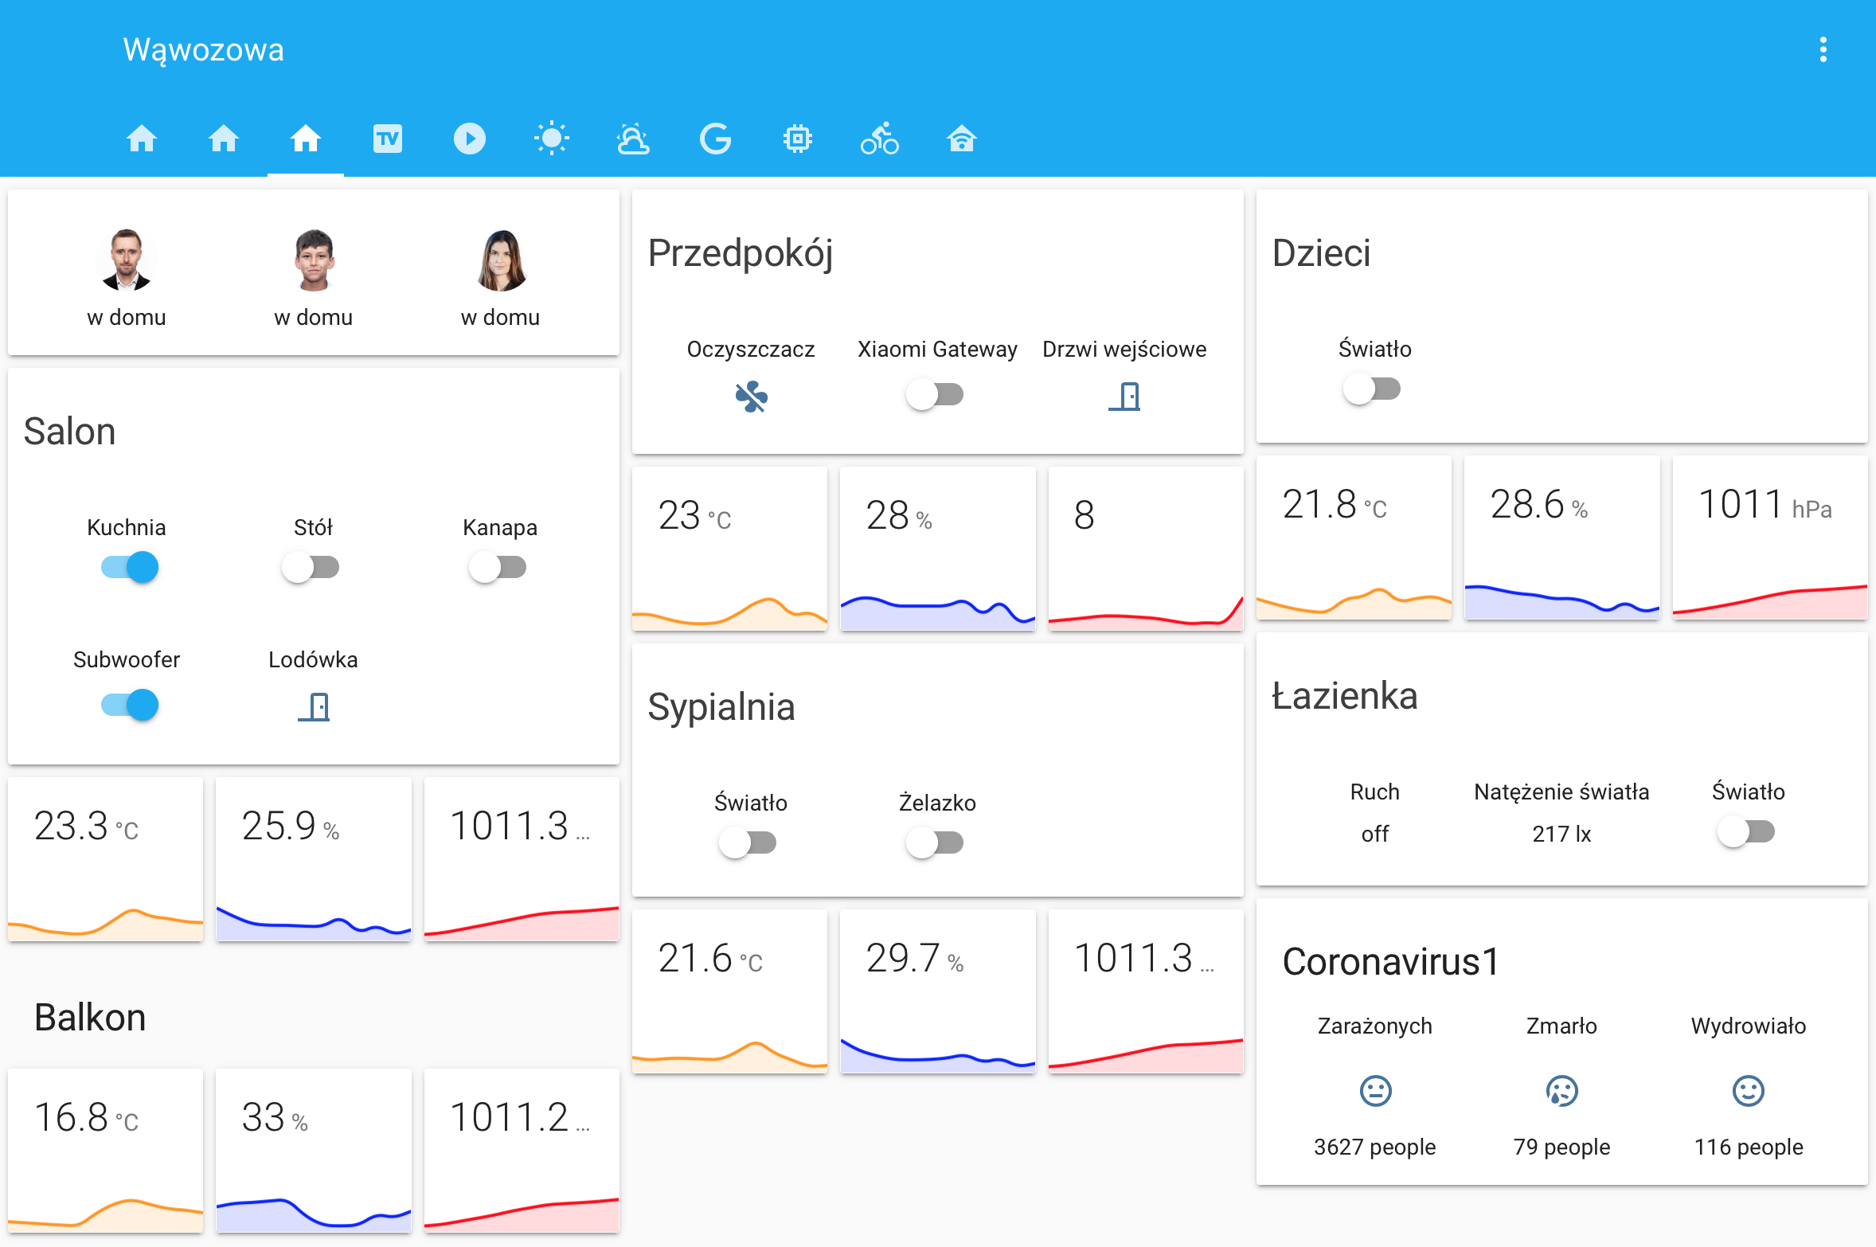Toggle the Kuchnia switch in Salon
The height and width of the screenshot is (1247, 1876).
pos(129,568)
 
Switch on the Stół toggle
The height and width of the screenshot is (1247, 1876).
pos(311,568)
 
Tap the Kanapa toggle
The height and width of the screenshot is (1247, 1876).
pos(498,568)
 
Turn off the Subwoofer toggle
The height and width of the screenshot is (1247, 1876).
pos(129,705)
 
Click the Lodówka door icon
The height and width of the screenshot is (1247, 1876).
pos(314,706)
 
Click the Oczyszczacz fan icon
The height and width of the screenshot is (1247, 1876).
pos(751,397)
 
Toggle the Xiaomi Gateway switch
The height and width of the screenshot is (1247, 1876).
pos(935,394)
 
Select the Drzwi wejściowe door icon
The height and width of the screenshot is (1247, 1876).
pos(1124,396)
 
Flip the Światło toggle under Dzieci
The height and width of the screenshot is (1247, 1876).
pos(1371,389)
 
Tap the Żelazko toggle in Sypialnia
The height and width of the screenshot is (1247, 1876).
pos(935,842)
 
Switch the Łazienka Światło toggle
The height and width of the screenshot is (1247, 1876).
pos(1745,832)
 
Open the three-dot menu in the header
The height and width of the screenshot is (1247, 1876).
pos(1823,49)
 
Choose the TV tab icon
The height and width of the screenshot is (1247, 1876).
pos(388,139)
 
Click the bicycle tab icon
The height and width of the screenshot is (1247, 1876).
pos(879,139)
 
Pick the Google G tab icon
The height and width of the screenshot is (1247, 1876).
pos(715,139)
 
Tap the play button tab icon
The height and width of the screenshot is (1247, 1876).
pos(470,139)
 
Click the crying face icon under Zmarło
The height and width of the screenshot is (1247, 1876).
pos(1561,1091)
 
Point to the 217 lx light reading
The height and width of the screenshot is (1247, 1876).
pos(1561,834)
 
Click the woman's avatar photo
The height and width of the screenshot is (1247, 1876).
pos(501,260)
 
